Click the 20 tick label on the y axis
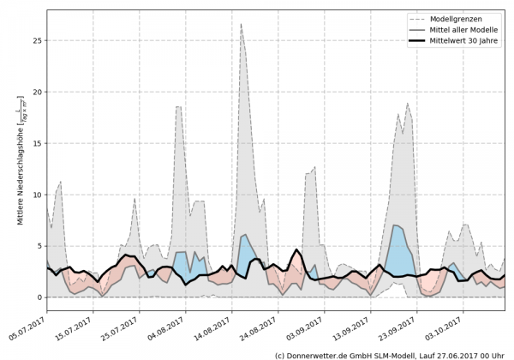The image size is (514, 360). click(x=37, y=92)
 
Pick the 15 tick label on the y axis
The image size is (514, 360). click(x=37, y=143)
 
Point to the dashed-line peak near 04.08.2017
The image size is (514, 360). click(x=177, y=107)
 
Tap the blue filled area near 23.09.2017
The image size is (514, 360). click(x=399, y=243)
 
